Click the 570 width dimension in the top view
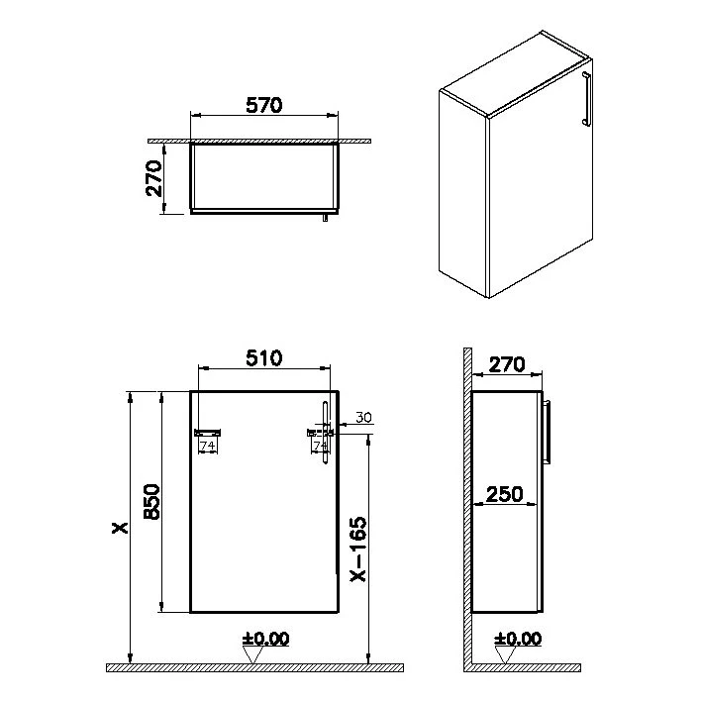(x=264, y=106)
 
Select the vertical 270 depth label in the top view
(x=153, y=179)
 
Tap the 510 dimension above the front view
(x=264, y=358)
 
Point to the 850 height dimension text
(x=151, y=502)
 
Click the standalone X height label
(x=120, y=528)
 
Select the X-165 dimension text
(x=358, y=550)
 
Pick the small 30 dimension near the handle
(x=364, y=418)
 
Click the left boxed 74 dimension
(x=208, y=446)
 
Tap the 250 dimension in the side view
(x=504, y=494)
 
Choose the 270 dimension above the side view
(x=507, y=364)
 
